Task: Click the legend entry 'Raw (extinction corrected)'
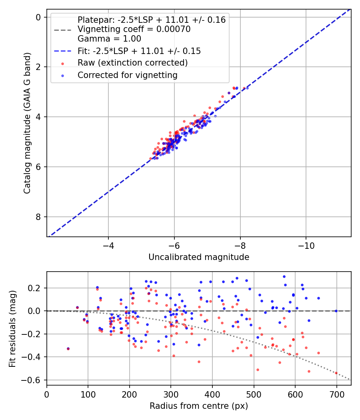coord(132,63)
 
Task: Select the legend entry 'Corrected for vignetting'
coord(127,75)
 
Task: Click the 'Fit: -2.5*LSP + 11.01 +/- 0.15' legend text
coord(139,51)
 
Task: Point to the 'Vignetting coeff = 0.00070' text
coord(134,29)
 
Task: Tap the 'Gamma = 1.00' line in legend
coord(109,39)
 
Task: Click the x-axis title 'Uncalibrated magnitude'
coord(199,257)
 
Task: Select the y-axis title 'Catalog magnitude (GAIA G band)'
coord(27,122)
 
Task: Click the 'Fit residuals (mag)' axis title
coord(12,328)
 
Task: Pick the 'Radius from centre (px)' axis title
coord(199,406)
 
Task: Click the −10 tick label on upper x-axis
coord(306,244)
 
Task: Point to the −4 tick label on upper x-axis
coord(108,244)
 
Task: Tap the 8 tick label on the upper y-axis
coord(38,217)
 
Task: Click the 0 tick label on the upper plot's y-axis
coord(38,17)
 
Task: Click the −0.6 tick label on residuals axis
coord(34,380)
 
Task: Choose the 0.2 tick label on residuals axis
coord(35,288)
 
